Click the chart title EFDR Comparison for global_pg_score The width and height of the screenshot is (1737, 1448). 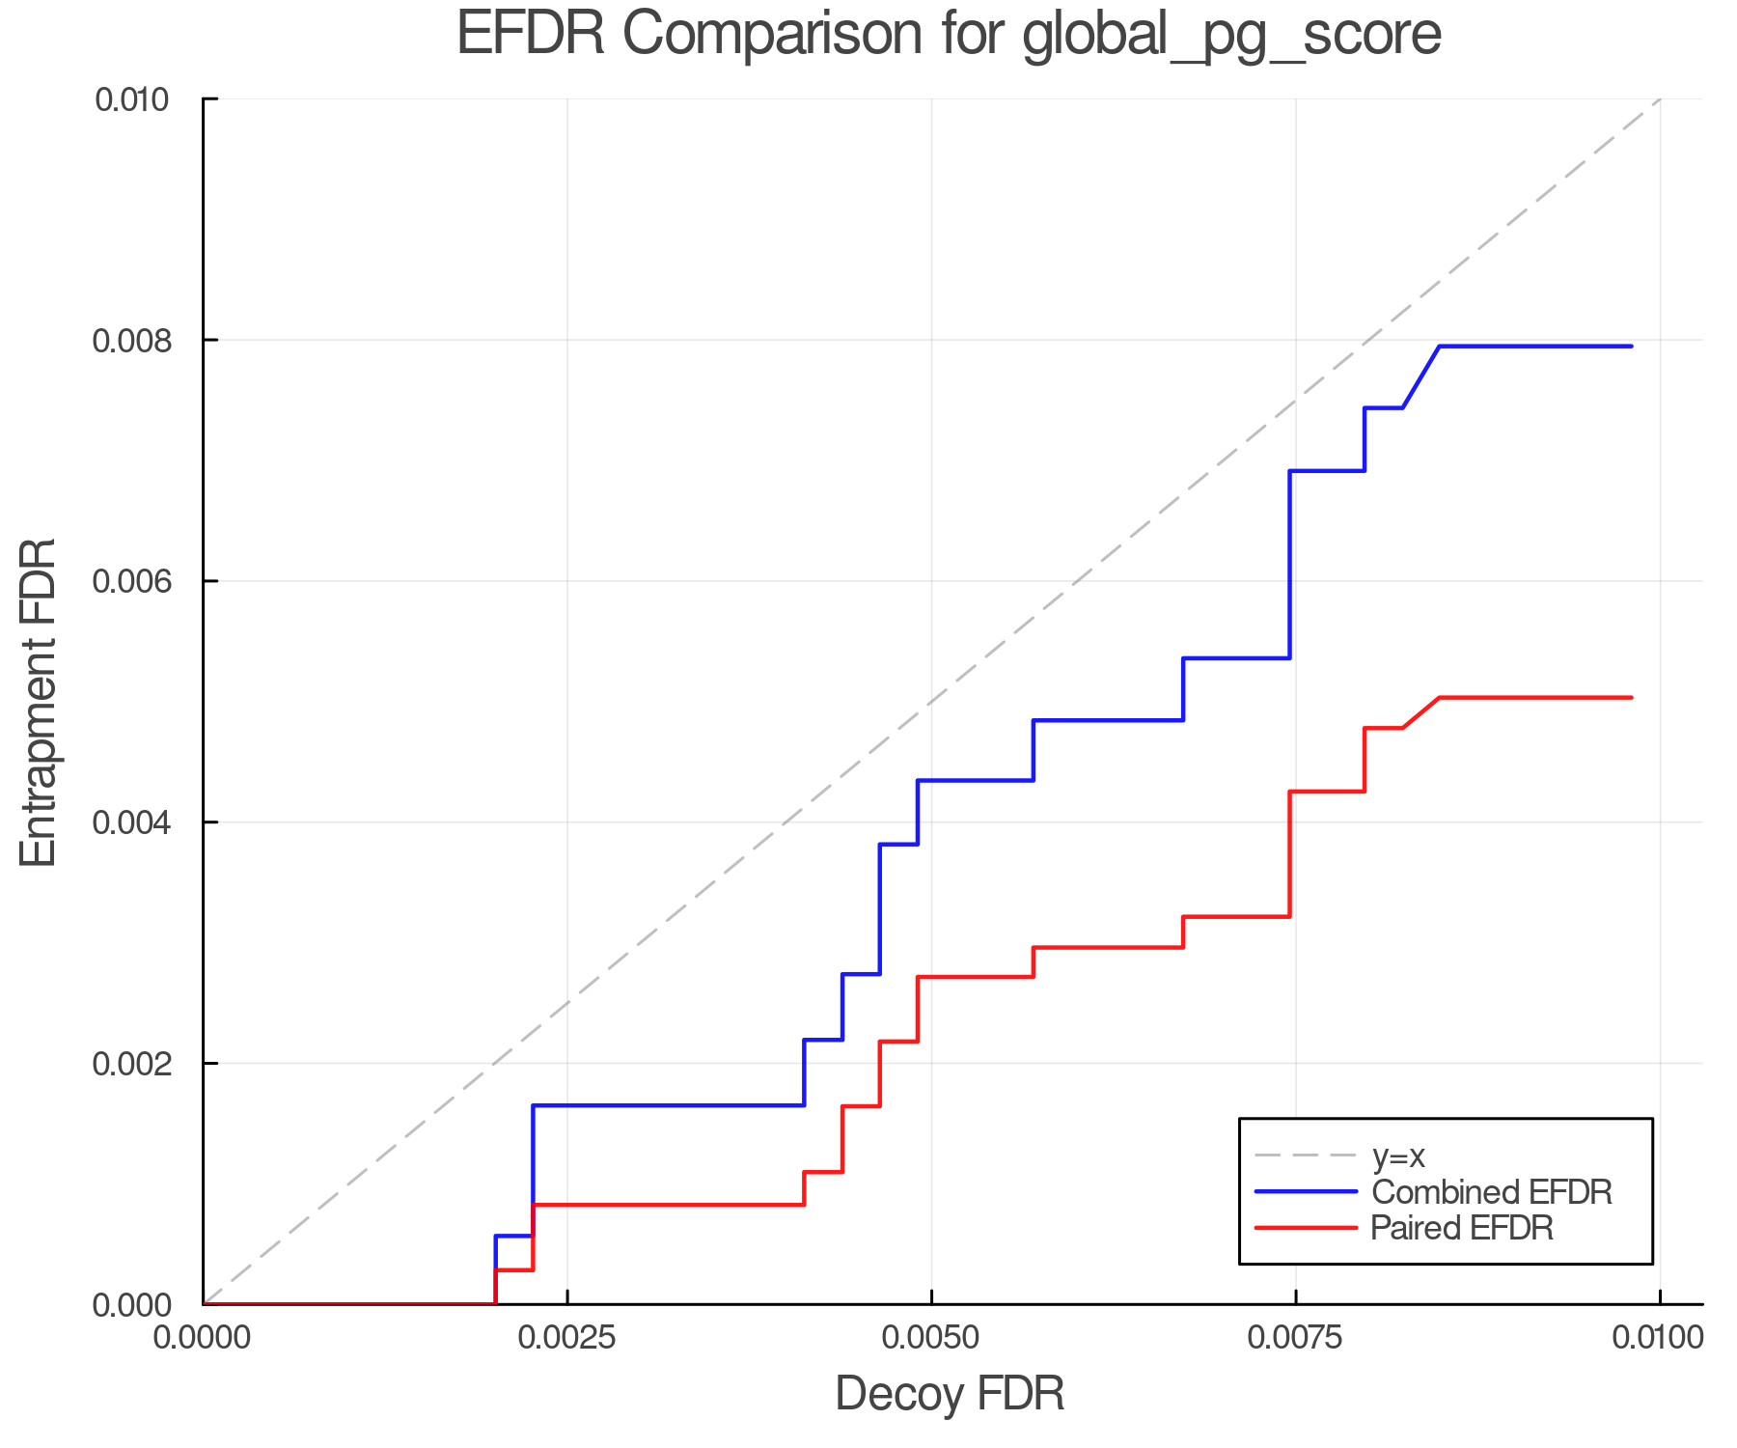(x=949, y=35)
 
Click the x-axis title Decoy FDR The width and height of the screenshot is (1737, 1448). (x=950, y=1394)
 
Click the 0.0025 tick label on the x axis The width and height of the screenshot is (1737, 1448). (x=566, y=1338)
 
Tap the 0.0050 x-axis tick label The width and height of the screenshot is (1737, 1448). (x=931, y=1338)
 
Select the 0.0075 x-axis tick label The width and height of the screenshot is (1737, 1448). (x=1295, y=1338)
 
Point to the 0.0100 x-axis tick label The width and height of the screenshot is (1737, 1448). (x=1659, y=1338)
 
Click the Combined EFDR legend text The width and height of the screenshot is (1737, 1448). (x=1491, y=1192)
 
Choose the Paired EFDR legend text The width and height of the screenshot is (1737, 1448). (x=1462, y=1228)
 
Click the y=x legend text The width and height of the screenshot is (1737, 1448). (x=1398, y=1156)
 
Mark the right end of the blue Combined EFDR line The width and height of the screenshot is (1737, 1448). (x=1631, y=346)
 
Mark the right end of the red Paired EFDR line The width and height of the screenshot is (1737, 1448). (x=1631, y=697)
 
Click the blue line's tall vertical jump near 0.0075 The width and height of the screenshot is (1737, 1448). (x=1290, y=565)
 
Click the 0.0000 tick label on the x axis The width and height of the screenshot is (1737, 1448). (x=203, y=1338)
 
